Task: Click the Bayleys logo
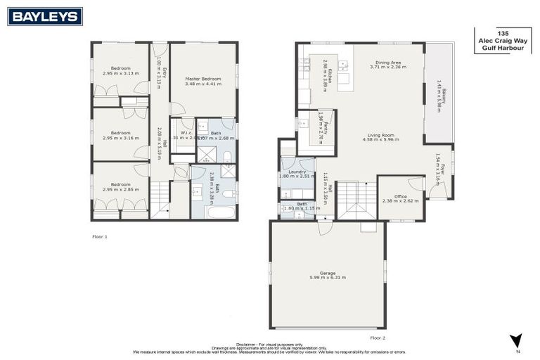(x=45, y=16)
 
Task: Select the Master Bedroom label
(x=203, y=81)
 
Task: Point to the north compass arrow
(x=517, y=340)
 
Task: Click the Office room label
(x=400, y=198)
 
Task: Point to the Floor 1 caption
(x=100, y=237)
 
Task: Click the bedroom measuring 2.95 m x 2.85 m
(x=120, y=188)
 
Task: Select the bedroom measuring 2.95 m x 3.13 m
(x=120, y=71)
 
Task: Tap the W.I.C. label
(x=187, y=133)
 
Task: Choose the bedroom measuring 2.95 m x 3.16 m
(x=120, y=135)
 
